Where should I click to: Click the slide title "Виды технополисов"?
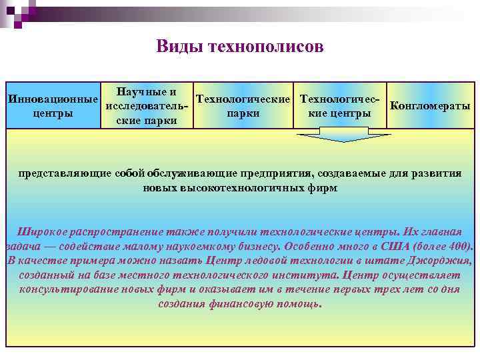coord(240,47)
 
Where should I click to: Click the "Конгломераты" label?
coord(430,106)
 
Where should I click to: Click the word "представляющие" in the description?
coord(61,173)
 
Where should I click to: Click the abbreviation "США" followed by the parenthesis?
coord(377,246)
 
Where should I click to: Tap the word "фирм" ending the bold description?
coord(325,188)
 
